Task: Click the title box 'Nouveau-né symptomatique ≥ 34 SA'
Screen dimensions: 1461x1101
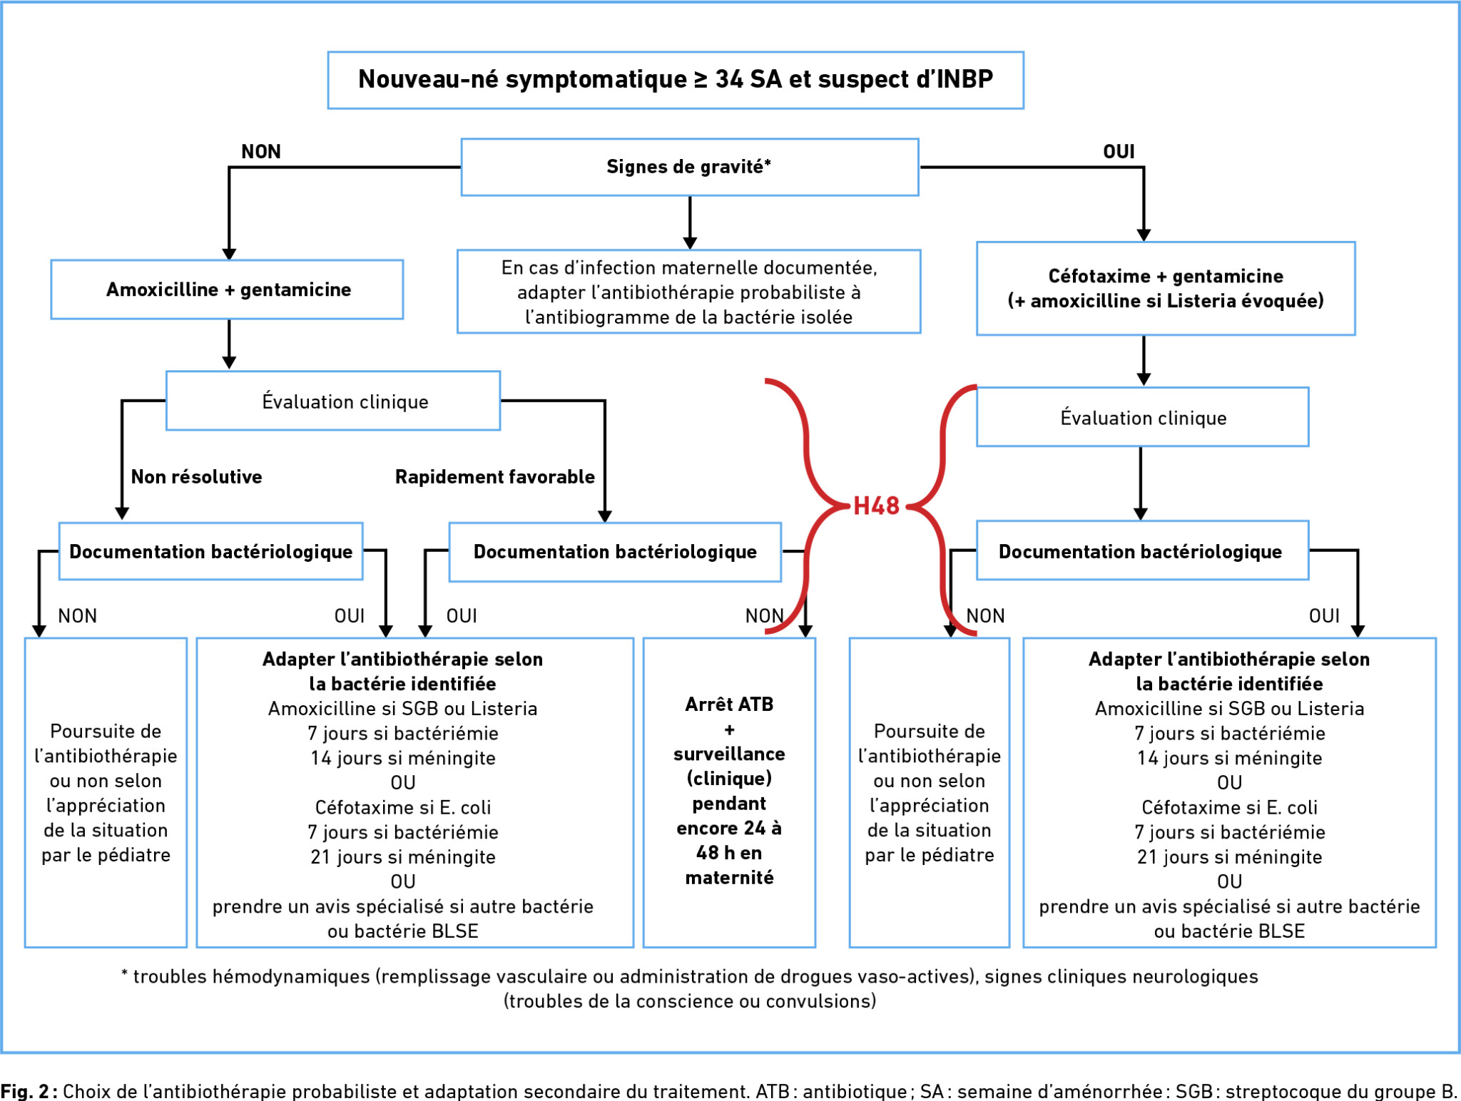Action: (676, 80)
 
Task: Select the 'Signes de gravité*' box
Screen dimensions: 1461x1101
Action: (690, 167)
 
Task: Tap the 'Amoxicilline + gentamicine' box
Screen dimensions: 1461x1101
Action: (227, 290)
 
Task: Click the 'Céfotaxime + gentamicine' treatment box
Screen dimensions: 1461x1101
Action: (1166, 288)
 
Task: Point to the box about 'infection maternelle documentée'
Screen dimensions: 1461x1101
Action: (689, 292)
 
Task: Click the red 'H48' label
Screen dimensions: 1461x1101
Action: (876, 506)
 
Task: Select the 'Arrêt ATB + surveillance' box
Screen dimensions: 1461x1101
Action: (729, 792)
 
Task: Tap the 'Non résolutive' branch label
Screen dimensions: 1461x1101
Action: (196, 476)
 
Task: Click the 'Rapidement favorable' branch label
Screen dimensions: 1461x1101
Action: (495, 476)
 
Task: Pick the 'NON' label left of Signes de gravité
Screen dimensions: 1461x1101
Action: (261, 151)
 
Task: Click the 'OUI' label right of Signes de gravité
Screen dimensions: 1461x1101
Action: (1119, 151)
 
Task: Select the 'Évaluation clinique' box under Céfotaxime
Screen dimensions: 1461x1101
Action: (1143, 417)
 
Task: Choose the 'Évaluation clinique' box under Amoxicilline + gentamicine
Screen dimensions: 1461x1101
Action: (333, 401)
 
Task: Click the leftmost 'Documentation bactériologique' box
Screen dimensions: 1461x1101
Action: (211, 551)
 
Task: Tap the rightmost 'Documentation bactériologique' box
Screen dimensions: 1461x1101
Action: (1143, 550)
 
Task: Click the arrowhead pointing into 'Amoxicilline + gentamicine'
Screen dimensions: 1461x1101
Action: (229, 254)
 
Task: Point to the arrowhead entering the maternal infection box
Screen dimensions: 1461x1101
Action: (690, 243)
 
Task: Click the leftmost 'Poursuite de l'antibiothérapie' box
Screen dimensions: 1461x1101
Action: (106, 792)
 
